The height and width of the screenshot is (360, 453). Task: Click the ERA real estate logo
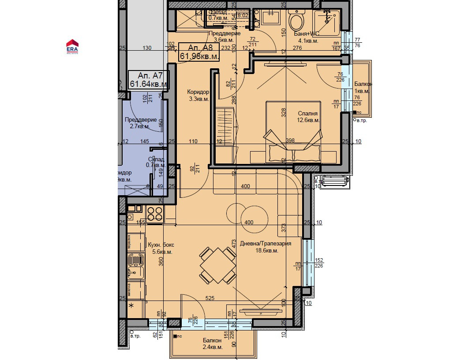(72, 46)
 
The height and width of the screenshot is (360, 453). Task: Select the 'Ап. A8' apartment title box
(199, 52)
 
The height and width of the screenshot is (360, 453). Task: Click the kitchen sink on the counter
(136, 267)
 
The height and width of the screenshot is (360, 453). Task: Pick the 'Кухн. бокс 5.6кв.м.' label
(161, 248)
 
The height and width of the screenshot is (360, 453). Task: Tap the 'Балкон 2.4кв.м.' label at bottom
(213, 344)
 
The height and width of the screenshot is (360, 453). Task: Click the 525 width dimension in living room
(210, 298)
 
